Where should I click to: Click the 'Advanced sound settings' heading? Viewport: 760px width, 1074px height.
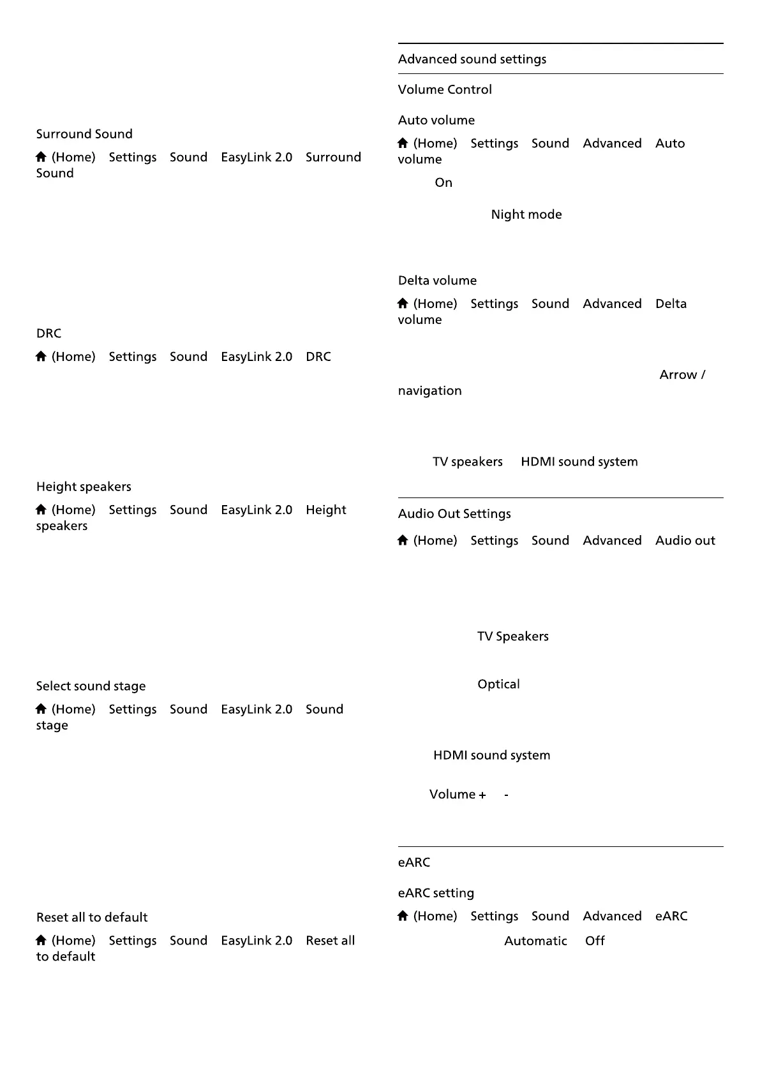pyautogui.click(x=472, y=59)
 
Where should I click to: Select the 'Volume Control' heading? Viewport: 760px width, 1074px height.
pyautogui.click(x=445, y=90)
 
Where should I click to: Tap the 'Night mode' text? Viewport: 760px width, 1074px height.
pyautogui.click(x=526, y=215)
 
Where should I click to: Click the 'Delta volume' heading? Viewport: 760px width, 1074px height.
pyautogui.click(x=437, y=281)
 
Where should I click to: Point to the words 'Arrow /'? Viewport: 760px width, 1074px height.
pyautogui.click(x=682, y=375)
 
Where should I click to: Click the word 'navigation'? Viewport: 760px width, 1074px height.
pyautogui.click(x=429, y=391)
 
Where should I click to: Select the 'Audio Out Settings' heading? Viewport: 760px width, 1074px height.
pyautogui.click(x=454, y=514)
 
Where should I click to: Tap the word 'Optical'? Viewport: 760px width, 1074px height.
pyautogui.click(x=498, y=684)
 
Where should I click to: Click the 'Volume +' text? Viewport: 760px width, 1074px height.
pyautogui.click(x=458, y=795)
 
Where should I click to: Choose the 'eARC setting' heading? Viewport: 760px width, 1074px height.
pyautogui.click(x=436, y=894)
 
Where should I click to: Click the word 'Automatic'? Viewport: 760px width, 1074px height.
pyautogui.click(x=535, y=941)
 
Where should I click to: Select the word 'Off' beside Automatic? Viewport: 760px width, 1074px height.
pyautogui.click(x=595, y=941)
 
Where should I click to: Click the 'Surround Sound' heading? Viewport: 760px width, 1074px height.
pyautogui.click(x=84, y=135)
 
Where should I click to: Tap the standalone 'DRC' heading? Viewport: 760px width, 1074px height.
pyautogui.click(x=48, y=334)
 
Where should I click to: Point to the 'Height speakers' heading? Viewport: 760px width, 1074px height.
pyautogui.click(x=84, y=487)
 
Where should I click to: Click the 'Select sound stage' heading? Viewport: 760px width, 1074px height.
pyautogui.click(x=91, y=687)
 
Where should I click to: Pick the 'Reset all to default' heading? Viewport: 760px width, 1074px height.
pyautogui.click(x=92, y=918)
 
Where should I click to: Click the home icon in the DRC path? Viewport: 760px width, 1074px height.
pyautogui.click(x=41, y=357)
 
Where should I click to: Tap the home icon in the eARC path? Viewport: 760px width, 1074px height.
pyautogui.click(x=403, y=916)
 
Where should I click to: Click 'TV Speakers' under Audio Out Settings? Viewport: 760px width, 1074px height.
pyautogui.click(x=512, y=636)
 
